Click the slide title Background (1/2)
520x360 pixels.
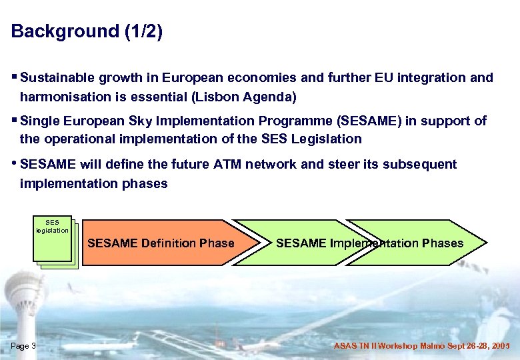87,31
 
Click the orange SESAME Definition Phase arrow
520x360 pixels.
161,243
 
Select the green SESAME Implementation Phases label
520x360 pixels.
369,243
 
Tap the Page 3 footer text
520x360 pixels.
24,346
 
